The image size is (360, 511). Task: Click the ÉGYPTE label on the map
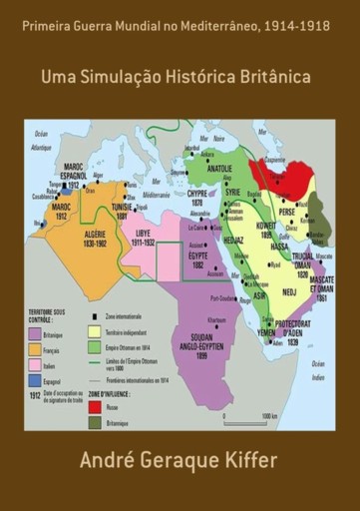199,257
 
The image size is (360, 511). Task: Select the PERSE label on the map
287,212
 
